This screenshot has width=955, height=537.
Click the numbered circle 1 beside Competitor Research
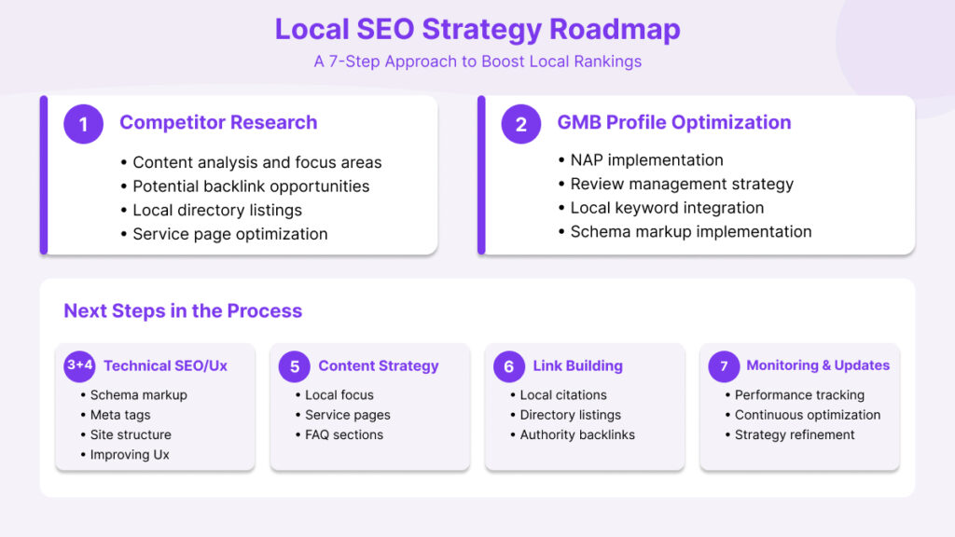pyautogui.click(x=83, y=124)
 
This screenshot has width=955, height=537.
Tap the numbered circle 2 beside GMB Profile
pyautogui.click(x=520, y=124)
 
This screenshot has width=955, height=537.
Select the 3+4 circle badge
pyautogui.click(x=80, y=365)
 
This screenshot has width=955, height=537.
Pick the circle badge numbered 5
pyautogui.click(x=295, y=366)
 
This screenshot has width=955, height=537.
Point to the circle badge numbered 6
pyautogui.click(x=509, y=366)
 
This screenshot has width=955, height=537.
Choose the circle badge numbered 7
pyautogui.click(x=724, y=366)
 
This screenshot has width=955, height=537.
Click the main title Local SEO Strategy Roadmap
pyautogui.click(x=477, y=29)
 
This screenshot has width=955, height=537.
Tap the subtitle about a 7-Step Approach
pyautogui.click(x=477, y=62)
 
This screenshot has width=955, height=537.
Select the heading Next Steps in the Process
pyautogui.click(x=183, y=310)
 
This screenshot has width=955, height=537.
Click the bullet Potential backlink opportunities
pyautogui.click(x=251, y=186)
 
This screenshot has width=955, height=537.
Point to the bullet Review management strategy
pyautogui.click(x=682, y=184)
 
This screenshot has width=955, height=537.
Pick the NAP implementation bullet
pyautogui.click(x=646, y=160)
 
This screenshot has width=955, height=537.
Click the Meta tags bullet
pyautogui.click(x=120, y=415)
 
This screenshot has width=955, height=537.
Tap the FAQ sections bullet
pyautogui.click(x=344, y=434)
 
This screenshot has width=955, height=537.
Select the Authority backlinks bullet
pyautogui.click(x=577, y=434)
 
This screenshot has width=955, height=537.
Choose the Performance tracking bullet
pyautogui.click(x=799, y=395)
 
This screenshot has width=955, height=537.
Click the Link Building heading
pyautogui.click(x=577, y=366)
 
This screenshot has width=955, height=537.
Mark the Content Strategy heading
pyautogui.click(x=378, y=366)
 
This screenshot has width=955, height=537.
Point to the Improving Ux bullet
pyautogui.click(x=130, y=455)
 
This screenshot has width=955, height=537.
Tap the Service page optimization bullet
pyautogui.click(x=229, y=234)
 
